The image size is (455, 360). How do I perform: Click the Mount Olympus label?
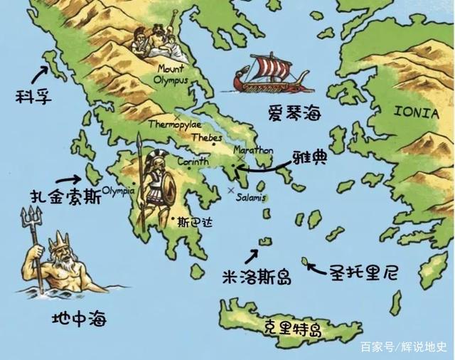[171, 75]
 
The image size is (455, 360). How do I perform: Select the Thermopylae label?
[174, 124]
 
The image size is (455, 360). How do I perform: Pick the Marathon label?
[253, 151]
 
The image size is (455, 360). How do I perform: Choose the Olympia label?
[119, 190]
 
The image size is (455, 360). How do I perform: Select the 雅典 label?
[309, 157]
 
